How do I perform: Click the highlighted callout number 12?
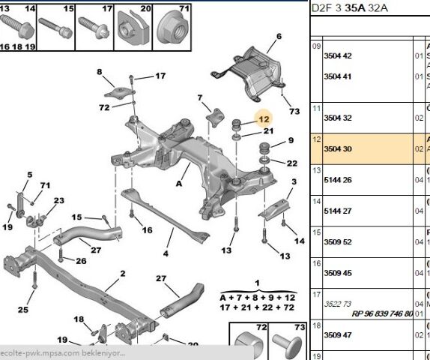click(x=263, y=118)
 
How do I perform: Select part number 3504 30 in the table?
click(x=337, y=149)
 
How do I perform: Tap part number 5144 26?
click(x=337, y=180)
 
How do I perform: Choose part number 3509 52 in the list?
click(x=337, y=241)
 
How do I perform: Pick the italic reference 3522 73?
click(x=337, y=304)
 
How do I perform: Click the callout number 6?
click(x=279, y=36)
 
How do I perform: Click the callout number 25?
click(x=23, y=310)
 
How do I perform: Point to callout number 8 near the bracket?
click(x=99, y=72)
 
